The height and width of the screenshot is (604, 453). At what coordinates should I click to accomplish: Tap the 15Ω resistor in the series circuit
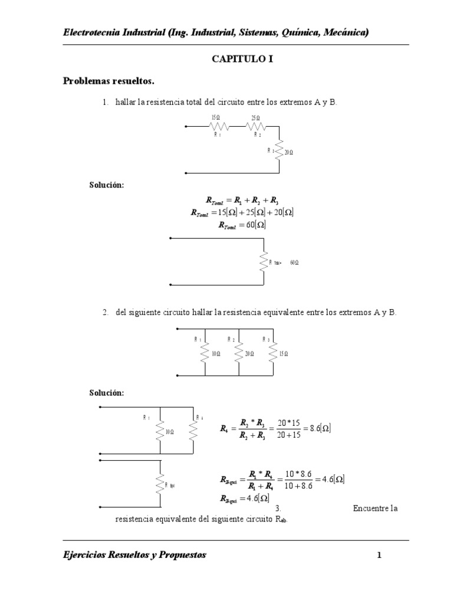pos(219,126)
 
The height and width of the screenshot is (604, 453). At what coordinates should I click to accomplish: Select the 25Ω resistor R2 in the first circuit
pos(257,126)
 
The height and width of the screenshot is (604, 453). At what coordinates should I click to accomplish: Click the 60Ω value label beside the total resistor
pos(294,262)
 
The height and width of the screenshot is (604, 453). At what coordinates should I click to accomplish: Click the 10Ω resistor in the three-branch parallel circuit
pos(205,353)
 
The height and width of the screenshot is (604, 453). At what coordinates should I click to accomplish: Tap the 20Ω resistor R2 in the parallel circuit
pos(239,353)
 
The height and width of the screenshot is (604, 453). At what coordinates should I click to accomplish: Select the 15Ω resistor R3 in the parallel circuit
pos(273,353)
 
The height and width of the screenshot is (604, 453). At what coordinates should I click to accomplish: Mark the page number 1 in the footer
pos(380,555)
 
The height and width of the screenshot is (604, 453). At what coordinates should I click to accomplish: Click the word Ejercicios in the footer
pos(86,555)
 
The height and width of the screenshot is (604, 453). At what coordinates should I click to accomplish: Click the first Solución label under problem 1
pos(106,185)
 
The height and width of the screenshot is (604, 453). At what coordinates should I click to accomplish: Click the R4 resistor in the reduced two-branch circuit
pos(193,431)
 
